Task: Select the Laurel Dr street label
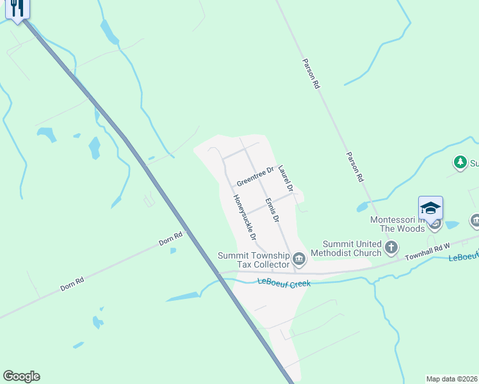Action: click(286, 179)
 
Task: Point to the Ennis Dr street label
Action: click(272, 209)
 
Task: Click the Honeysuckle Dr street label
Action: click(245, 218)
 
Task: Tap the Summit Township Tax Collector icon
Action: click(298, 259)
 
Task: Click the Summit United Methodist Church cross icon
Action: click(391, 247)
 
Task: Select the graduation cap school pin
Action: click(431, 209)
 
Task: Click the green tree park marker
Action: click(460, 163)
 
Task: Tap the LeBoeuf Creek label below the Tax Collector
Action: click(284, 282)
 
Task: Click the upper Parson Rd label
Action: click(311, 74)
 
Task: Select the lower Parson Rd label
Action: click(355, 167)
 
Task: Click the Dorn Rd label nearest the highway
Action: click(170, 239)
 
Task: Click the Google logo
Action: click(21, 376)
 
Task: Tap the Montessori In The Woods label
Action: click(397, 224)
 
